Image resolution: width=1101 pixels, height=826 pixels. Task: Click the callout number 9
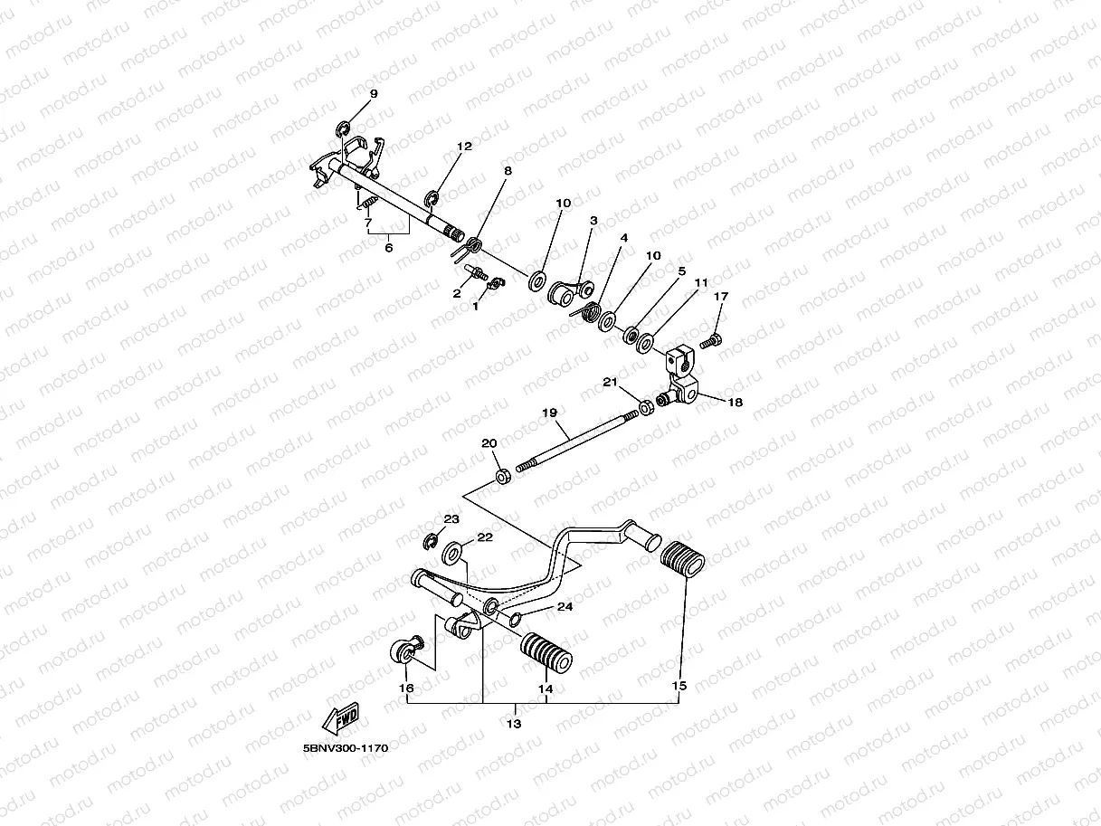(x=374, y=94)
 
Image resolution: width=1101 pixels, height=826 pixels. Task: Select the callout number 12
(x=464, y=146)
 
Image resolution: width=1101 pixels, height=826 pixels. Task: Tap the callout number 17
(x=720, y=296)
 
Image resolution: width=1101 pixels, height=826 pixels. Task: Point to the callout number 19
(x=549, y=413)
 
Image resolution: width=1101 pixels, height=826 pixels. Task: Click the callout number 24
(x=565, y=606)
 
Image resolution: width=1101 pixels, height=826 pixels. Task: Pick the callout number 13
(x=514, y=724)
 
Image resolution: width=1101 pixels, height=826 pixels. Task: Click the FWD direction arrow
(x=341, y=719)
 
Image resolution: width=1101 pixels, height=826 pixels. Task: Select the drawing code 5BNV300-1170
(x=346, y=749)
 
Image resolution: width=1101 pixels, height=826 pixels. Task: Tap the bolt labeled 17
(x=710, y=341)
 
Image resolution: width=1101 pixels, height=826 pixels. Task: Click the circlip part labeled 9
(x=345, y=128)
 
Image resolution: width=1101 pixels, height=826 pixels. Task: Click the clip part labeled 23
(x=432, y=541)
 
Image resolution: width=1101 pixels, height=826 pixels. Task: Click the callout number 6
(x=389, y=247)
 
